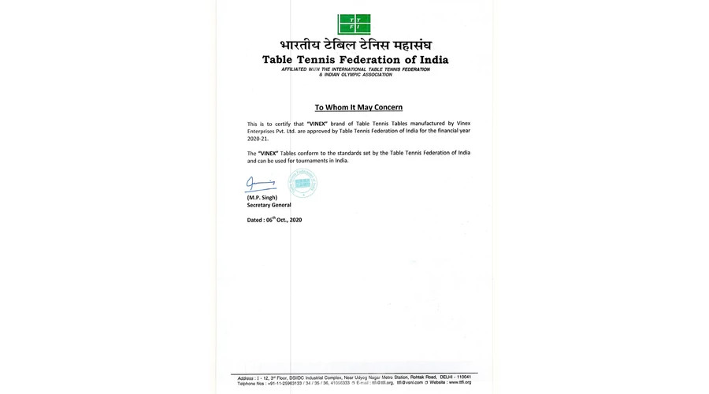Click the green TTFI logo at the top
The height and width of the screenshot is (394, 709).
(x=354, y=24)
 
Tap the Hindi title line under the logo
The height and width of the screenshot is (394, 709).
(x=354, y=46)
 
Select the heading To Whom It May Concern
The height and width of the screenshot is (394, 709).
(x=358, y=107)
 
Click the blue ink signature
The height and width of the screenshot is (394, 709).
(x=260, y=186)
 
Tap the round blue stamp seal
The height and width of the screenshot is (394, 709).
(x=302, y=183)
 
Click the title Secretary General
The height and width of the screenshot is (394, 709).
(x=269, y=205)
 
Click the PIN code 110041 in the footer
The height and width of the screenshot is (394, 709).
(x=462, y=377)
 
